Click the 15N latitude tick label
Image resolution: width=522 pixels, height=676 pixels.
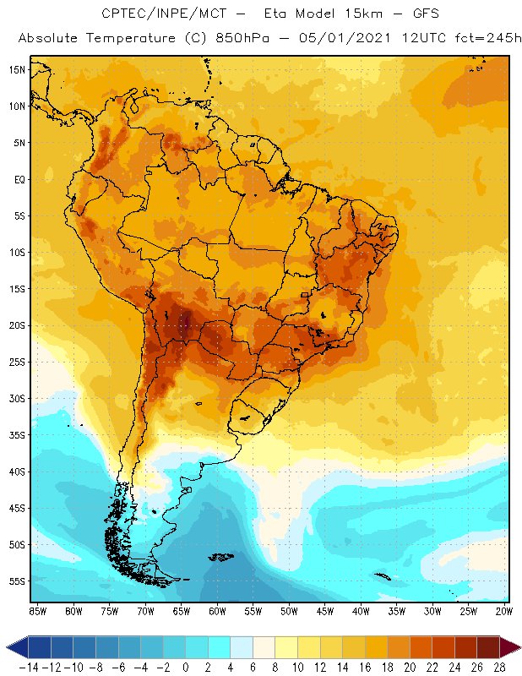[16, 69]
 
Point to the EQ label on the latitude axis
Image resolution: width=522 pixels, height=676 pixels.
[18, 179]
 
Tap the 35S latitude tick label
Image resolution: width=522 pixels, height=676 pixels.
[16, 434]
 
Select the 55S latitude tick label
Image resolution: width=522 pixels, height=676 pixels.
[16, 581]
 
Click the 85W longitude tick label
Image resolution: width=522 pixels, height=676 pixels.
[37, 610]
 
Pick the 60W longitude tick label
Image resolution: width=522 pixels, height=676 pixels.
[217, 610]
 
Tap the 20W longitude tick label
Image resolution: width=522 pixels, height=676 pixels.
[505, 610]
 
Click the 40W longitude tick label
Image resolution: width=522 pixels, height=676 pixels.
[361, 610]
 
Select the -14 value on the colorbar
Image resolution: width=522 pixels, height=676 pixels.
[29, 666]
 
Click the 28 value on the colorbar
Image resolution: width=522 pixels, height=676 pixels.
[499, 666]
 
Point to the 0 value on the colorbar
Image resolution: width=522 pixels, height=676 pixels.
[185, 666]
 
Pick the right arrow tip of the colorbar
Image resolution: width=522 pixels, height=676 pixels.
[517, 647]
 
